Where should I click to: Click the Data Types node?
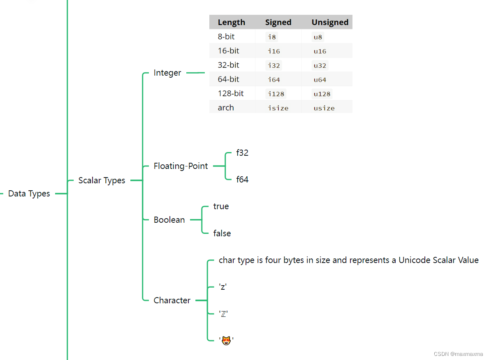coord(29,194)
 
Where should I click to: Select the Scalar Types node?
coord(102,180)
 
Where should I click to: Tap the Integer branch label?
coord(167,73)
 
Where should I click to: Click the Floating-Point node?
coord(181,166)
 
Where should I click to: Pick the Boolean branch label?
coord(169,220)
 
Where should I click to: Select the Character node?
coord(172,300)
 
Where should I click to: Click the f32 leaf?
coord(242,153)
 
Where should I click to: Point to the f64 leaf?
coord(242,180)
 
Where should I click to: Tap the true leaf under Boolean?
coord(221,206)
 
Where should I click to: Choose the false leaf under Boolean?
coord(222,233)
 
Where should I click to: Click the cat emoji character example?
coord(226,340)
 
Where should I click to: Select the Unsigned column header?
coord(330,22)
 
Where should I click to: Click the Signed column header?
coord(278,22)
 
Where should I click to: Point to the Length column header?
coord(231,22)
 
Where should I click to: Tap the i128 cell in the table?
coord(276,94)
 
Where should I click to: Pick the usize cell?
coord(324,108)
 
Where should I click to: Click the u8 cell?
coord(318,37)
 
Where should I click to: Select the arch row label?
coord(226,108)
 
